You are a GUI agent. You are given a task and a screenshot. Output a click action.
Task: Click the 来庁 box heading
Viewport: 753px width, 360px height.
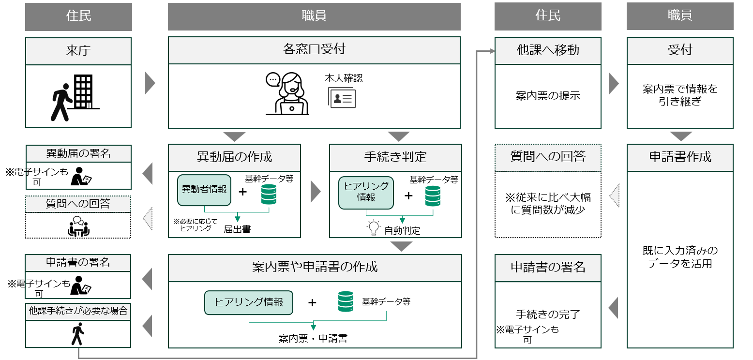78,51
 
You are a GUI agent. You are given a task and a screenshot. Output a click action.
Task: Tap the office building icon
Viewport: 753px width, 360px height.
83,92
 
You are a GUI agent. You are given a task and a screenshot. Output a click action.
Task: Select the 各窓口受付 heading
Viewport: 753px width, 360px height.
314,50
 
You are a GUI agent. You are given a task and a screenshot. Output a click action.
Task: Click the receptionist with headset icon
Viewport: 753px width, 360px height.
287,94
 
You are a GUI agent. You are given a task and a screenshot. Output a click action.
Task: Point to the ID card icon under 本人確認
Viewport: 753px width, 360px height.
343,99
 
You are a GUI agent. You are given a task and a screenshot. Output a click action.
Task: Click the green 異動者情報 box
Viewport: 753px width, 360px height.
204,190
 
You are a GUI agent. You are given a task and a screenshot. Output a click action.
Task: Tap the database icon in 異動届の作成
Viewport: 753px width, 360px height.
269,194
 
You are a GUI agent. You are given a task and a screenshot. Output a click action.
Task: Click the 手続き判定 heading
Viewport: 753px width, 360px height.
395,157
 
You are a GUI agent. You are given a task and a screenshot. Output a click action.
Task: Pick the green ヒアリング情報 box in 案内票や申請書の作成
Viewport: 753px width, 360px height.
249,302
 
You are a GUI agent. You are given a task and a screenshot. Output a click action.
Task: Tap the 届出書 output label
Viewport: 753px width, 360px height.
237,229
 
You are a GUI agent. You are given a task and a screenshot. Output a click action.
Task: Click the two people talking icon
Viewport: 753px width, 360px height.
78,226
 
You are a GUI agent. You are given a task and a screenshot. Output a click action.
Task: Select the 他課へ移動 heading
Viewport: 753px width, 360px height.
547,50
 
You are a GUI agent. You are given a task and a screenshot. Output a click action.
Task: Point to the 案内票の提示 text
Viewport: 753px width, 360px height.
547,96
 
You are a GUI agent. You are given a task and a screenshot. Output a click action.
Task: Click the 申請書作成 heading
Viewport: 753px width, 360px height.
680,157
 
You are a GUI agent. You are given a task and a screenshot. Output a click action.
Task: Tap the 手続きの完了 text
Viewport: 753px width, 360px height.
547,314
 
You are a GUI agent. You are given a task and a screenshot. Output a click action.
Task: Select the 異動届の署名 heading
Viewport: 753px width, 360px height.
78,154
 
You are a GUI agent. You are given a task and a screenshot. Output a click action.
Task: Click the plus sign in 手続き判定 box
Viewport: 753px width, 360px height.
409,195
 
